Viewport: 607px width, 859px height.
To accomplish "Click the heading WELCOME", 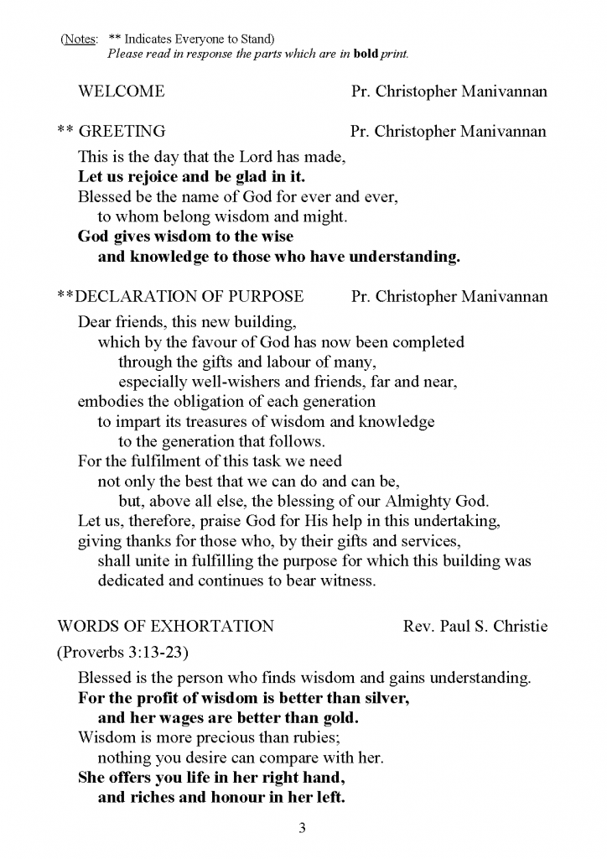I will point(121,91).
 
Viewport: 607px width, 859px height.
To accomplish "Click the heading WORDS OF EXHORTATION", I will point(165,627).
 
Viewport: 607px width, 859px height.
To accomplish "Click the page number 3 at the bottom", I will point(303,830).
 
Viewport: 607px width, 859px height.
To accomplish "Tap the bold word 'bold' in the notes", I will point(367,55).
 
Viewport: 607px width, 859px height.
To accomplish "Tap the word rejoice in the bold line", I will point(153,177).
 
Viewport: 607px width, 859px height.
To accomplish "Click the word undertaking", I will point(459,522).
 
